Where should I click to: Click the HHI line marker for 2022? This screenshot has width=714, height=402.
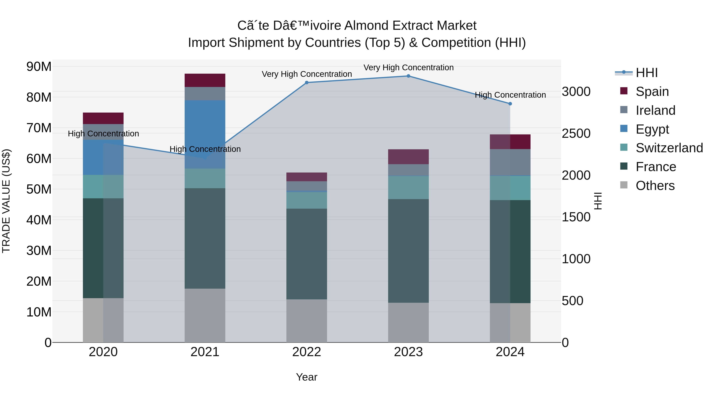[x=307, y=83]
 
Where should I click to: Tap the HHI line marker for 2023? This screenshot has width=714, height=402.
[x=408, y=76]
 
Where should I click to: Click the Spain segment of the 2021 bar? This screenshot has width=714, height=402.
[x=205, y=80]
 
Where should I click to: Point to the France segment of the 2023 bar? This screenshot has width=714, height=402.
[x=408, y=251]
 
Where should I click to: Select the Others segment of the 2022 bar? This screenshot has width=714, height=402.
[x=307, y=321]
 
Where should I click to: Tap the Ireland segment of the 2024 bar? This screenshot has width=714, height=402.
[x=510, y=163]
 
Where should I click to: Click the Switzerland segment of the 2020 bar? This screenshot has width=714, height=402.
[x=103, y=187]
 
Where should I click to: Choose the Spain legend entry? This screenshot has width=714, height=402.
[x=644, y=91]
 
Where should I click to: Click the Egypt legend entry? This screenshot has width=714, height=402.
[x=644, y=129]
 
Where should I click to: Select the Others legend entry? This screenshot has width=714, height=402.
[x=647, y=186]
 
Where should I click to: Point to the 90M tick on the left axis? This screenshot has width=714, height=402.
[x=39, y=67]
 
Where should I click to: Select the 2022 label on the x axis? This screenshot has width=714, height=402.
[x=307, y=352]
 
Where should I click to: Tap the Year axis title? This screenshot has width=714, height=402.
[x=307, y=377]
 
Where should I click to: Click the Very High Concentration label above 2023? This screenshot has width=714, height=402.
[x=409, y=67]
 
